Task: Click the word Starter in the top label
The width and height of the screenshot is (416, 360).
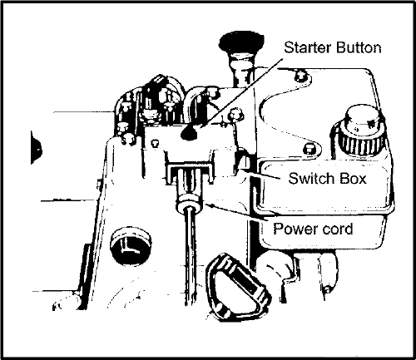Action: (x=308, y=47)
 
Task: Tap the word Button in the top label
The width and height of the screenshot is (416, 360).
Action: (x=359, y=47)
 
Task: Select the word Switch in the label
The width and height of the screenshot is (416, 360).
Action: (x=312, y=178)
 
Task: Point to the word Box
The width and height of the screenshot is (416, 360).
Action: (x=353, y=178)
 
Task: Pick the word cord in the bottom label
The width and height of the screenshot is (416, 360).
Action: (x=334, y=229)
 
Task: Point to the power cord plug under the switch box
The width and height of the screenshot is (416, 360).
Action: (x=189, y=189)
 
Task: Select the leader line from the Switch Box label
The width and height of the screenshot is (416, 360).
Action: (x=260, y=174)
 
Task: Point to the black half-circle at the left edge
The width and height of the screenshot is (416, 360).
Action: (x=37, y=148)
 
